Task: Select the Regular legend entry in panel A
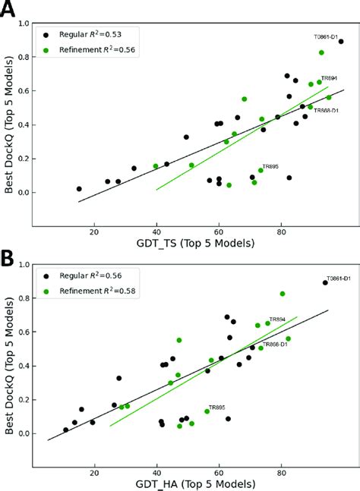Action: [84, 34]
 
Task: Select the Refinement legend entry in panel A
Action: [92, 50]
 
